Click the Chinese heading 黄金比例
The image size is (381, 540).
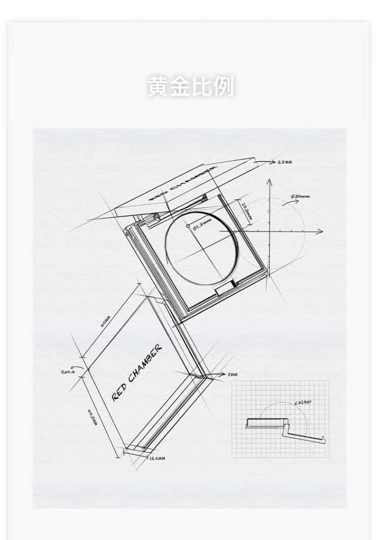tap(190, 86)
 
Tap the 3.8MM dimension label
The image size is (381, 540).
tap(284, 162)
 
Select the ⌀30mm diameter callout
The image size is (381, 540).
tap(300, 197)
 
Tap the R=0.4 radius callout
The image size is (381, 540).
tap(68, 372)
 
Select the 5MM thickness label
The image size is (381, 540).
tap(233, 374)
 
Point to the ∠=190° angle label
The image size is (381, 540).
tap(304, 402)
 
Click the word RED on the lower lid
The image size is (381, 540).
tap(119, 392)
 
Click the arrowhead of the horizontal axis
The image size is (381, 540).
tap(320, 232)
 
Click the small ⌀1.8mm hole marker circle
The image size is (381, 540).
tap(187, 225)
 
